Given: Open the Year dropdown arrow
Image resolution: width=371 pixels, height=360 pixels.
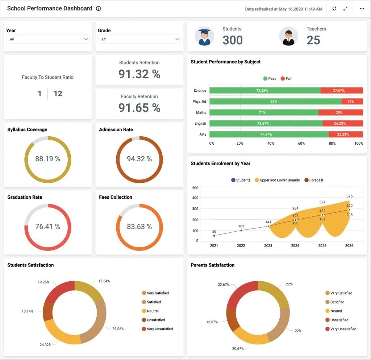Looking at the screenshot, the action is tap(86, 39).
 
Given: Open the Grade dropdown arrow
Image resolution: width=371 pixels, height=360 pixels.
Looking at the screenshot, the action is tap(177, 39).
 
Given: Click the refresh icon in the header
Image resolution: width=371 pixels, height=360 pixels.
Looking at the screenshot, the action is tap(334, 9).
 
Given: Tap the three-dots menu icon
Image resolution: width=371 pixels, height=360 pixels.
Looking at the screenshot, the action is tap(362, 9).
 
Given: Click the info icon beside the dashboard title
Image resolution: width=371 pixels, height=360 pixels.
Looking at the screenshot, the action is tap(99, 9).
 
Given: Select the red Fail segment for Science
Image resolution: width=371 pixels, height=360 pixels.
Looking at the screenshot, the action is tap(342, 90).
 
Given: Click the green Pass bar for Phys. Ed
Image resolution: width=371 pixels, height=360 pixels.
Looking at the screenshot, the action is tap(275, 102).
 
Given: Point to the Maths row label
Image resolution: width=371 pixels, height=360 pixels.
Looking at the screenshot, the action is tap(201, 112).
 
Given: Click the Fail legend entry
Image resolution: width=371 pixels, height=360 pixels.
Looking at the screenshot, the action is tap(286, 79).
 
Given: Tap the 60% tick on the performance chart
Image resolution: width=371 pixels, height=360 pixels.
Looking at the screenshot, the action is tap(301, 144).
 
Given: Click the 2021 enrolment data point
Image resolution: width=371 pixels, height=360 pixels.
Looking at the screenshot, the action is tap(214, 236).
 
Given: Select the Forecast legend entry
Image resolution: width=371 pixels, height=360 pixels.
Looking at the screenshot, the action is tap(314, 180).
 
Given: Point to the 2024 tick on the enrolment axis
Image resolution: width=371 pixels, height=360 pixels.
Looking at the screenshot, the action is tap(295, 246).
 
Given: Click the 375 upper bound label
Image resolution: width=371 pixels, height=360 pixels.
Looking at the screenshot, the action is tap(350, 196).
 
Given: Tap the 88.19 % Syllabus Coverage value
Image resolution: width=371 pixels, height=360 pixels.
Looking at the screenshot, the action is tap(47, 159).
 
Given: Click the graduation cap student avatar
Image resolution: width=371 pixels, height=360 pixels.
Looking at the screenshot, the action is tap(204, 36).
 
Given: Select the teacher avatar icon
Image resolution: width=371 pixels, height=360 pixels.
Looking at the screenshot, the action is tap(288, 36).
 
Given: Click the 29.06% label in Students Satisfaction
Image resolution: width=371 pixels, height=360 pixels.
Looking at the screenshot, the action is tap(118, 329).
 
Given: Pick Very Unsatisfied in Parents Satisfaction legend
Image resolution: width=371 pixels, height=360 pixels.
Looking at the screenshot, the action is tap(341, 329).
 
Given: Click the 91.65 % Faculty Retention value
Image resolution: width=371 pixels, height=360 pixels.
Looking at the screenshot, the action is tap(139, 108).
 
